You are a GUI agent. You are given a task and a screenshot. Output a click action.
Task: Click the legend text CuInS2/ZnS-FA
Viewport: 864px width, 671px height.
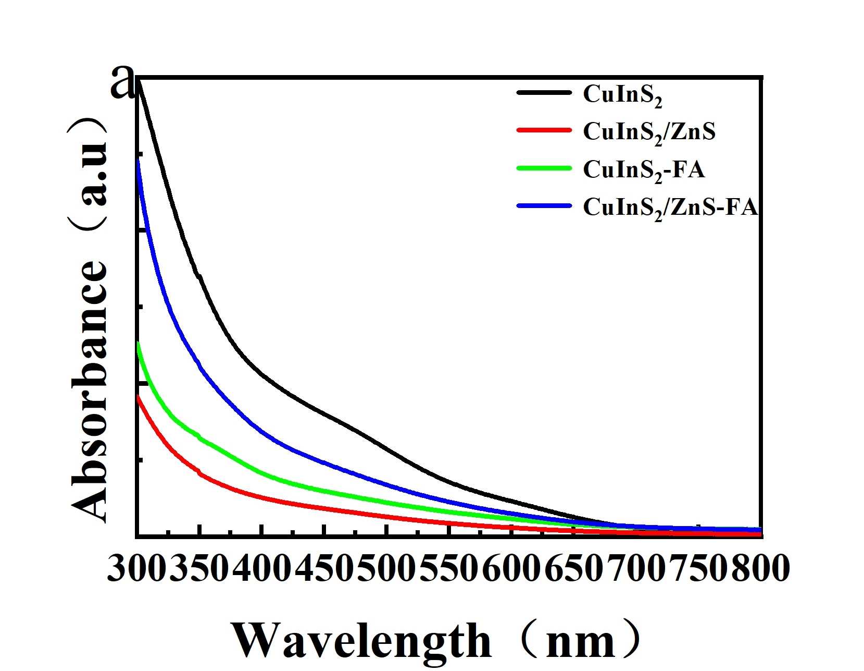click(x=670, y=208)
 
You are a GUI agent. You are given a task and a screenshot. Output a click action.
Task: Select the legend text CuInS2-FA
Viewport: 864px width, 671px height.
click(x=644, y=170)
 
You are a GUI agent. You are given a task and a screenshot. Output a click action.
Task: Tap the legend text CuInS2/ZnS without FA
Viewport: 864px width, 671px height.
click(x=649, y=131)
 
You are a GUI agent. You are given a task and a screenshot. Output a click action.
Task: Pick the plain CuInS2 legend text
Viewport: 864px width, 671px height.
click(x=622, y=95)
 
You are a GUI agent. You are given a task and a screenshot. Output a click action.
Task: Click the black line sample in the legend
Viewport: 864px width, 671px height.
click(x=544, y=93)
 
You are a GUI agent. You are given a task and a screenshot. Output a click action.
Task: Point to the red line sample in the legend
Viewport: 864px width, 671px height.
click(x=544, y=130)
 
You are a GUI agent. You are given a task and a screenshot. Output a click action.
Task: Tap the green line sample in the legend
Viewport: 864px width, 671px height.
click(x=544, y=168)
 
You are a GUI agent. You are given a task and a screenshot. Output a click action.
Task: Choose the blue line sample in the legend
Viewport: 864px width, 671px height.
click(x=544, y=206)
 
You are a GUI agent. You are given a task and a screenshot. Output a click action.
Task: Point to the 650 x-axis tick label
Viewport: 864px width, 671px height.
click(x=574, y=568)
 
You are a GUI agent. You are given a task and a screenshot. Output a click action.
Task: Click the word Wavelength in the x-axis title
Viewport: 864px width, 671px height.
click(x=361, y=641)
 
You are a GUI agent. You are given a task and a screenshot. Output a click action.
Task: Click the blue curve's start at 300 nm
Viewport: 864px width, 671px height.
click(x=138, y=161)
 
